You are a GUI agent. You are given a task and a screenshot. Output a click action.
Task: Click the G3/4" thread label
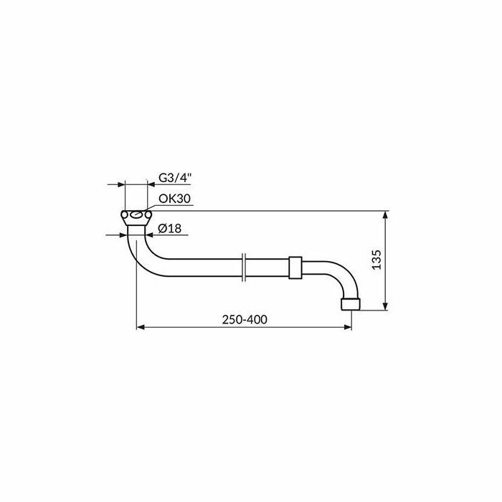click(175, 178)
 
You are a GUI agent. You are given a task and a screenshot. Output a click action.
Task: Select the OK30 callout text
click(174, 199)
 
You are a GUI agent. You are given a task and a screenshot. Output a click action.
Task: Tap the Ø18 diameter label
click(170, 228)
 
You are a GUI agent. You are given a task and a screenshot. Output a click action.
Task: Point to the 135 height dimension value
click(376, 260)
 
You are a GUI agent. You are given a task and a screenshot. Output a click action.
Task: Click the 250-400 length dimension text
click(245, 320)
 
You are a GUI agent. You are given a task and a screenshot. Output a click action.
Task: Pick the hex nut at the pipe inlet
click(136, 218)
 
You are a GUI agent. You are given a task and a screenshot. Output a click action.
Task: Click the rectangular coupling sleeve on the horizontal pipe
click(295, 267)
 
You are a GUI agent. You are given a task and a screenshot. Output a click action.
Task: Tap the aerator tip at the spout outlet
click(351, 304)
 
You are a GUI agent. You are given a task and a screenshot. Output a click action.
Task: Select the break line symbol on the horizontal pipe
click(244, 267)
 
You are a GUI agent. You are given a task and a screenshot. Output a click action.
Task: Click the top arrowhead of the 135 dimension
click(386, 214)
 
